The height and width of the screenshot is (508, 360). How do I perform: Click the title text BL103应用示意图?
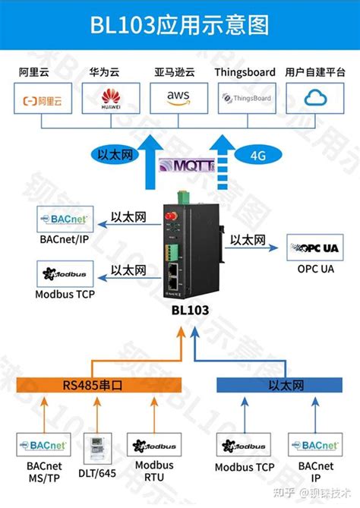(180, 26)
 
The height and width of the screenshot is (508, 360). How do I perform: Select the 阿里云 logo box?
(43, 99)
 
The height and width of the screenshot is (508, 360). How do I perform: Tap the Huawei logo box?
(111, 99)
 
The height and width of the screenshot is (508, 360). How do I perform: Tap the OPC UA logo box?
(315, 248)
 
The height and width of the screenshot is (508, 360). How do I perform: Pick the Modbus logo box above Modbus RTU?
(154, 446)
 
